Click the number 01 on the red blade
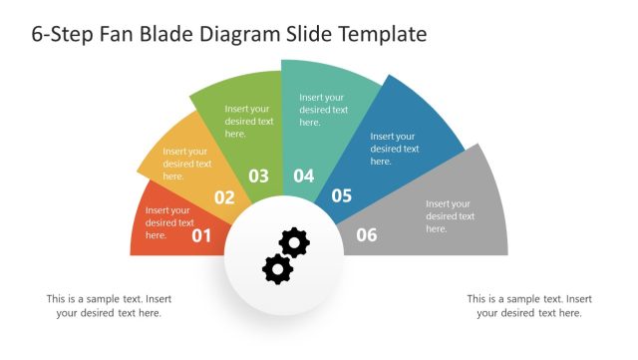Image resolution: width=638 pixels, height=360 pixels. (202, 235)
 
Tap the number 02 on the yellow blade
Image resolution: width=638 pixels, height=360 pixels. (224, 197)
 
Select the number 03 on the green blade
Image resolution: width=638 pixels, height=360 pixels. (258, 177)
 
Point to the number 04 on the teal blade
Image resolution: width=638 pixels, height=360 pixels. (303, 177)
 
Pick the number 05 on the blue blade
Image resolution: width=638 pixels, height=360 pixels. (342, 195)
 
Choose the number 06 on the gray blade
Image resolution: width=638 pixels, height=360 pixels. (367, 235)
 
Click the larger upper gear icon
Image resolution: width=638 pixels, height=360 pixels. (294, 242)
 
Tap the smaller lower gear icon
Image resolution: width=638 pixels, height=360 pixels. (276, 267)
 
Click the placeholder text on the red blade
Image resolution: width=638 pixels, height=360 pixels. (167, 223)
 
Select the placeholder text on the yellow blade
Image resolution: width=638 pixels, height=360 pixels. (187, 164)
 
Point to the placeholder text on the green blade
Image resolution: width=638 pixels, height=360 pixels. (249, 121)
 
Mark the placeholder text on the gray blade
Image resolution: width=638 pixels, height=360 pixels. (450, 216)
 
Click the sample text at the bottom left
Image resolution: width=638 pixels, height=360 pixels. (109, 305)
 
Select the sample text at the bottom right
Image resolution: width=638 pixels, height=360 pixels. (529, 305)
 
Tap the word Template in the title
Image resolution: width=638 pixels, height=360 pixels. (384, 34)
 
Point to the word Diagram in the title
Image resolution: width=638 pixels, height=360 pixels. (240, 34)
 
